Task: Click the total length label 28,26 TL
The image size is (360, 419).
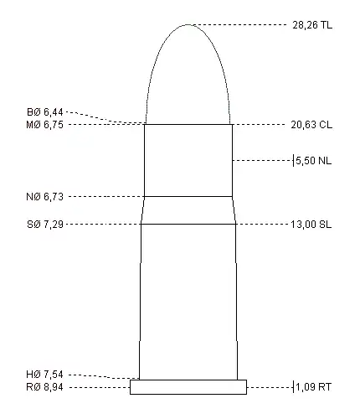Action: (312, 25)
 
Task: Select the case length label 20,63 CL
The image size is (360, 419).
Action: (311, 125)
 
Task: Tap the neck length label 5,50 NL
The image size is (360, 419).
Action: (314, 161)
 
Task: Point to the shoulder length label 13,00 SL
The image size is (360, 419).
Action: (311, 225)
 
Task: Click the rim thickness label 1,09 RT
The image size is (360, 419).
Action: (314, 387)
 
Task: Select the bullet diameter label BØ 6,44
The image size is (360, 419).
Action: (45, 112)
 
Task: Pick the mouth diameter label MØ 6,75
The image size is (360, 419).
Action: (44, 125)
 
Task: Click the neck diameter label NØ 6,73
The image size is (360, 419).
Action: (44, 197)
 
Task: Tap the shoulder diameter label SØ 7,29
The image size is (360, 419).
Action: (45, 225)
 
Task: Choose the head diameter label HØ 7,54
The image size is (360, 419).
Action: (44, 375)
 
